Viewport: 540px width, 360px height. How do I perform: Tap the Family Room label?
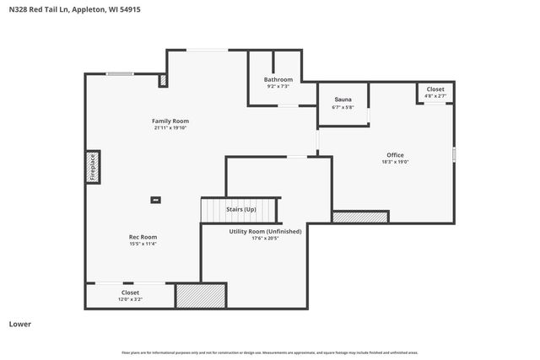[170, 121]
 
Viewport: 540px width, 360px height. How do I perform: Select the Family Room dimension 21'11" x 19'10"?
[170, 128]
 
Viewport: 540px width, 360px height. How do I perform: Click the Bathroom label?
[278, 79]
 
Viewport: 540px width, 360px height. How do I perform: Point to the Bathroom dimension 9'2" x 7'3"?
[278, 86]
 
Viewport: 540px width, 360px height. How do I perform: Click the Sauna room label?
[342, 99]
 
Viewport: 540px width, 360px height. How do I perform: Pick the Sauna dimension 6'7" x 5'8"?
[342, 107]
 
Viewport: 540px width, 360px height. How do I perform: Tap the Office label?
[395, 155]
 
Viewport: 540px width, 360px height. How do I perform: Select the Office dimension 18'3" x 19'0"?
[395, 162]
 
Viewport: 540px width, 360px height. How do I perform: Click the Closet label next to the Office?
[435, 89]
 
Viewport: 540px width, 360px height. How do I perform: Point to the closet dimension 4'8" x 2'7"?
[435, 96]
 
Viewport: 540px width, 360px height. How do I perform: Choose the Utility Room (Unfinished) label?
[265, 231]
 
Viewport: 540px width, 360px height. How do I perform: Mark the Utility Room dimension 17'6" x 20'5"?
[265, 239]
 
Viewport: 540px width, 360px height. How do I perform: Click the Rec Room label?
[143, 237]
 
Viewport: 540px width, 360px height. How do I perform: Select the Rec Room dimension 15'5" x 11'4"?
[143, 244]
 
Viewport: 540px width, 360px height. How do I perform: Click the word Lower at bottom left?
[19, 324]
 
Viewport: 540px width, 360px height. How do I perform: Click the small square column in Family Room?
[155, 200]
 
